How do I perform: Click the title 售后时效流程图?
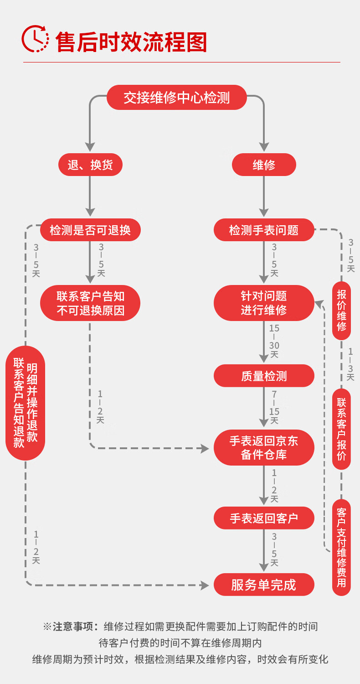tap(131, 42)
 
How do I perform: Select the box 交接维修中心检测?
tap(177, 98)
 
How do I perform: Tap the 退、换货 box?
tap(90, 165)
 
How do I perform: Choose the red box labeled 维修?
tap(264, 165)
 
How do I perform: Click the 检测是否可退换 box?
tap(90, 230)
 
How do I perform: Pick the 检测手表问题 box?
tap(264, 230)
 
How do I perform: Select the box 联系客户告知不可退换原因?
tap(90, 303)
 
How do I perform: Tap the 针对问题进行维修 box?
tap(264, 303)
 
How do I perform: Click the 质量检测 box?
tap(264, 376)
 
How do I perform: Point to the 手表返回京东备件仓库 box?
tap(264, 447)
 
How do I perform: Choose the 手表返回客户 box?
tap(264, 518)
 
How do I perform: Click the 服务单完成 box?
tap(264, 585)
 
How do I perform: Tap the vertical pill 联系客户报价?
tap(341, 429)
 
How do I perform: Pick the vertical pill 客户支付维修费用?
tap(341, 547)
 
